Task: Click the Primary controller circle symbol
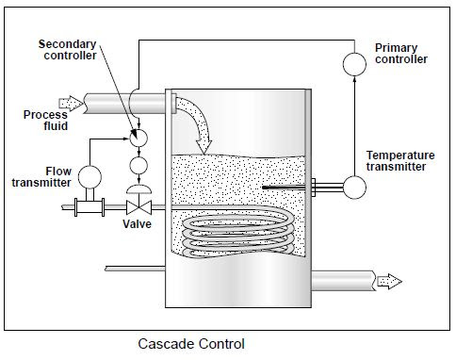click(354, 64)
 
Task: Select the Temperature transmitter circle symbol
click(354, 186)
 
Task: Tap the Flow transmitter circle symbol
click(90, 175)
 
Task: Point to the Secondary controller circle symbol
click(138, 137)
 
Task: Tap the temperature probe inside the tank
click(287, 187)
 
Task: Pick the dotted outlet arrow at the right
click(388, 280)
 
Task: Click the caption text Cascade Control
click(191, 345)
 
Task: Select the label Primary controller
click(400, 54)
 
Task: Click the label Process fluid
click(44, 122)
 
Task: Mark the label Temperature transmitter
click(401, 160)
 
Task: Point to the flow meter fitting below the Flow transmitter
click(90, 207)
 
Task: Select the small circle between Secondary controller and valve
click(138, 165)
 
